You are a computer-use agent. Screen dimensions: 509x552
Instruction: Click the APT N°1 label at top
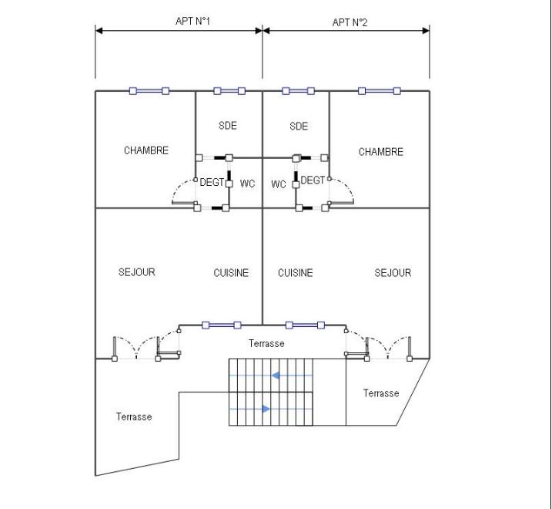(193, 22)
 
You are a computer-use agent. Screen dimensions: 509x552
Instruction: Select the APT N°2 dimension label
(350, 22)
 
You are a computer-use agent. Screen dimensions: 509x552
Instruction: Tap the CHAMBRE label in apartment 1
(146, 150)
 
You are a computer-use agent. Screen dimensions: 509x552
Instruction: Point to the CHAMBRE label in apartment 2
(380, 152)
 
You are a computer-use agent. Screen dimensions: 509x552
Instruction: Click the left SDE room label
(227, 126)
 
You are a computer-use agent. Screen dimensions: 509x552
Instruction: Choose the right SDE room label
(299, 126)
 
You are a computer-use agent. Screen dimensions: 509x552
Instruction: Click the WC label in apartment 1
(247, 184)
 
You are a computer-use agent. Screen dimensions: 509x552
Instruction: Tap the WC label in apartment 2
(279, 184)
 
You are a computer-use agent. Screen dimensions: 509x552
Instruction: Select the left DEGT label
(212, 182)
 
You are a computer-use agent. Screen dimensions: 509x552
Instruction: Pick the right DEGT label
(313, 180)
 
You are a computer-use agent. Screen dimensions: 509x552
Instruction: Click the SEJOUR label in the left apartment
(136, 272)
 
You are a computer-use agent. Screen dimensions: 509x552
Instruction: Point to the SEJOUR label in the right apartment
(393, 272)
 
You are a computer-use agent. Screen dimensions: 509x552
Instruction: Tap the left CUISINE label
(231, 272)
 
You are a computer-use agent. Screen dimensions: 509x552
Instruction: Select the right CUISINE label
(295, 272)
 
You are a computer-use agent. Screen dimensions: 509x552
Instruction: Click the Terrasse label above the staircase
(266, 343)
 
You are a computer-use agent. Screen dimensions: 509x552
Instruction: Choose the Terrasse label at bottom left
(134, 416)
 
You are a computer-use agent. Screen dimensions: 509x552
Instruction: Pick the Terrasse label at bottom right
(381, 393)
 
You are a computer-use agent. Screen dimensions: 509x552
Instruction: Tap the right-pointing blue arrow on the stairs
(266, 409)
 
